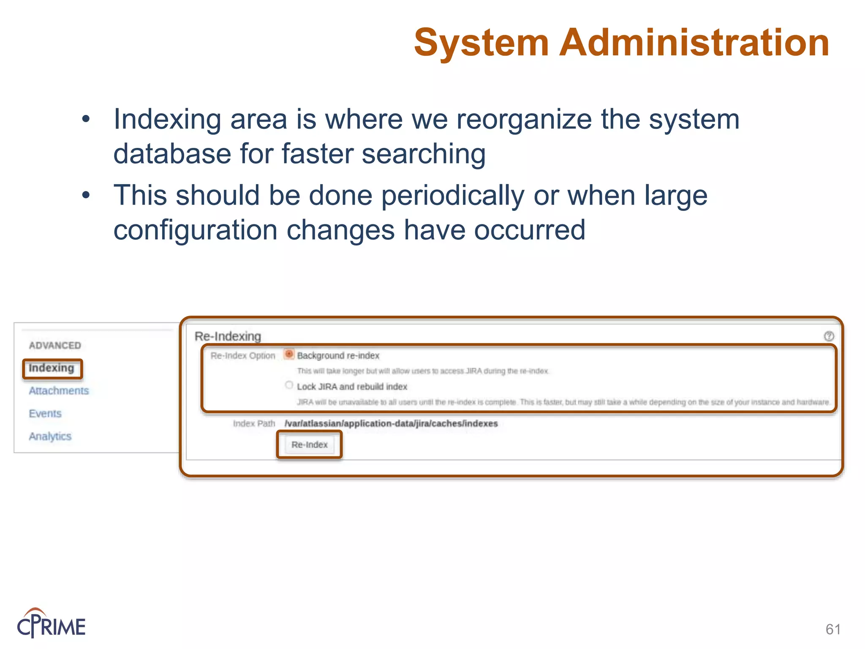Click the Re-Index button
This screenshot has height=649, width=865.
(309, 444)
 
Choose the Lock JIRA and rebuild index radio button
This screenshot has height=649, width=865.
(289, 385)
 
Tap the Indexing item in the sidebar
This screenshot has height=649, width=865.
(52, 368)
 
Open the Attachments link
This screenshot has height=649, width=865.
(59, 391)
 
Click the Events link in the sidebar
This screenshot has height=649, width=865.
(45, 414)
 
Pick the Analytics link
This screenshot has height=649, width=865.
(50, 436)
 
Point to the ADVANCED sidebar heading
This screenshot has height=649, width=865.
(55, 346)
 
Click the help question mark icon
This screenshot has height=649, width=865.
(829, 336)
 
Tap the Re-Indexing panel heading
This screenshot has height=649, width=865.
(228, 336)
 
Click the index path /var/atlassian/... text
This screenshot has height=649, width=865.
(391, 423)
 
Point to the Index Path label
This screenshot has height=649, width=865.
(254, 423)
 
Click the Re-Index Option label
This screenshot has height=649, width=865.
(243, 356)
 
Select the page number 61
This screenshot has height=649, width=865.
(833, 630)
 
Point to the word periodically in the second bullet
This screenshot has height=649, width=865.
(452, 196)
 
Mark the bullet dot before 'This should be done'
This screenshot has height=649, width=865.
(86, 195)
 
